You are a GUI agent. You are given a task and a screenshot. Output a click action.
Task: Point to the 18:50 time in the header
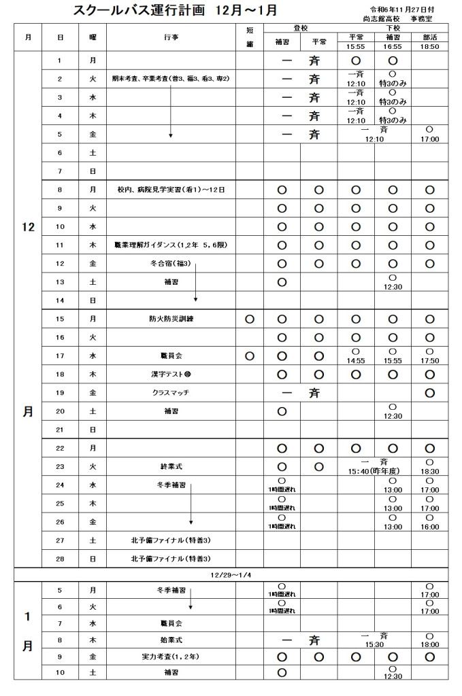429,46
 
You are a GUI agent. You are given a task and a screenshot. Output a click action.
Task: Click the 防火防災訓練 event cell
171,318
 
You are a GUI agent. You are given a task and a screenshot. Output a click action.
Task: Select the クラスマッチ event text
171,392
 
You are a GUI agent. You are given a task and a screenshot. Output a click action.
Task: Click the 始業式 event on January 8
171,639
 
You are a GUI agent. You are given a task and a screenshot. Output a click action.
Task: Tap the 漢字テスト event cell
171,374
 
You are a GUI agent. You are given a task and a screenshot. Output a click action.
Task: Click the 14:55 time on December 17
355,360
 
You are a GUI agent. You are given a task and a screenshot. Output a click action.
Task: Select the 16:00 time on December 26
429,526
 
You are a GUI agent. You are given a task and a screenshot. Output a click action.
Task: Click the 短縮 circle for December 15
249,318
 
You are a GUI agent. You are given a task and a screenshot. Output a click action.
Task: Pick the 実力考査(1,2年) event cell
171,657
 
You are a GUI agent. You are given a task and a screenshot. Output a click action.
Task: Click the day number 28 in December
60,559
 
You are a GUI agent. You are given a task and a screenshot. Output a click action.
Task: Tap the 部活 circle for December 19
429,392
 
